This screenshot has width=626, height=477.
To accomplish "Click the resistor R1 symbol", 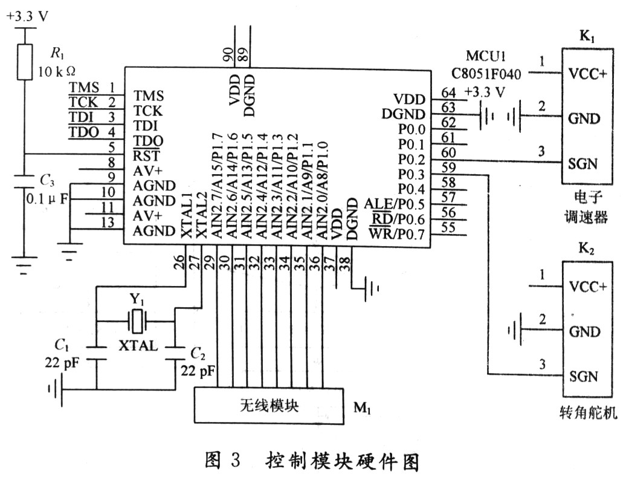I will [24, 61].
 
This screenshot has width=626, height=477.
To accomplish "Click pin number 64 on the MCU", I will [448, 93].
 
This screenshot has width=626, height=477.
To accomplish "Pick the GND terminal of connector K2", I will [584, 331].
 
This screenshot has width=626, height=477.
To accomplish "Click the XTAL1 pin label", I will [187, 222].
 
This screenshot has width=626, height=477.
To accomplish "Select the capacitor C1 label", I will [61, 345].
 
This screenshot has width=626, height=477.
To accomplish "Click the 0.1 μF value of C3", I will [49, 197].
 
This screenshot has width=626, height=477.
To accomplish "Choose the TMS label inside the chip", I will [149, 96].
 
